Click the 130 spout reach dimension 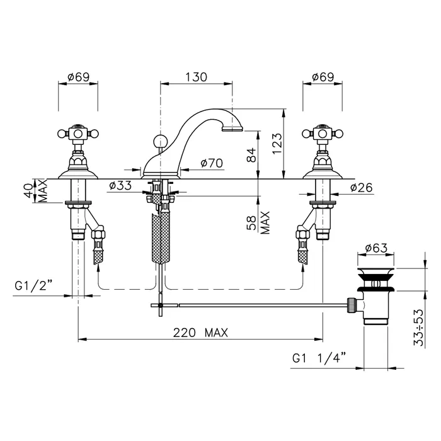[197, 77]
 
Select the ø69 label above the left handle [79, 77]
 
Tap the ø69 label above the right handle [323, 77]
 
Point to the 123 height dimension [277, 144]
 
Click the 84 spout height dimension [252, 155]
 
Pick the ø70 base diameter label [212, 163]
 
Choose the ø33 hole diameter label [120, 185]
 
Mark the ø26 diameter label [362, 188]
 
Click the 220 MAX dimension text [200, 333]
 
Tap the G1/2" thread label [34, 286]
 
